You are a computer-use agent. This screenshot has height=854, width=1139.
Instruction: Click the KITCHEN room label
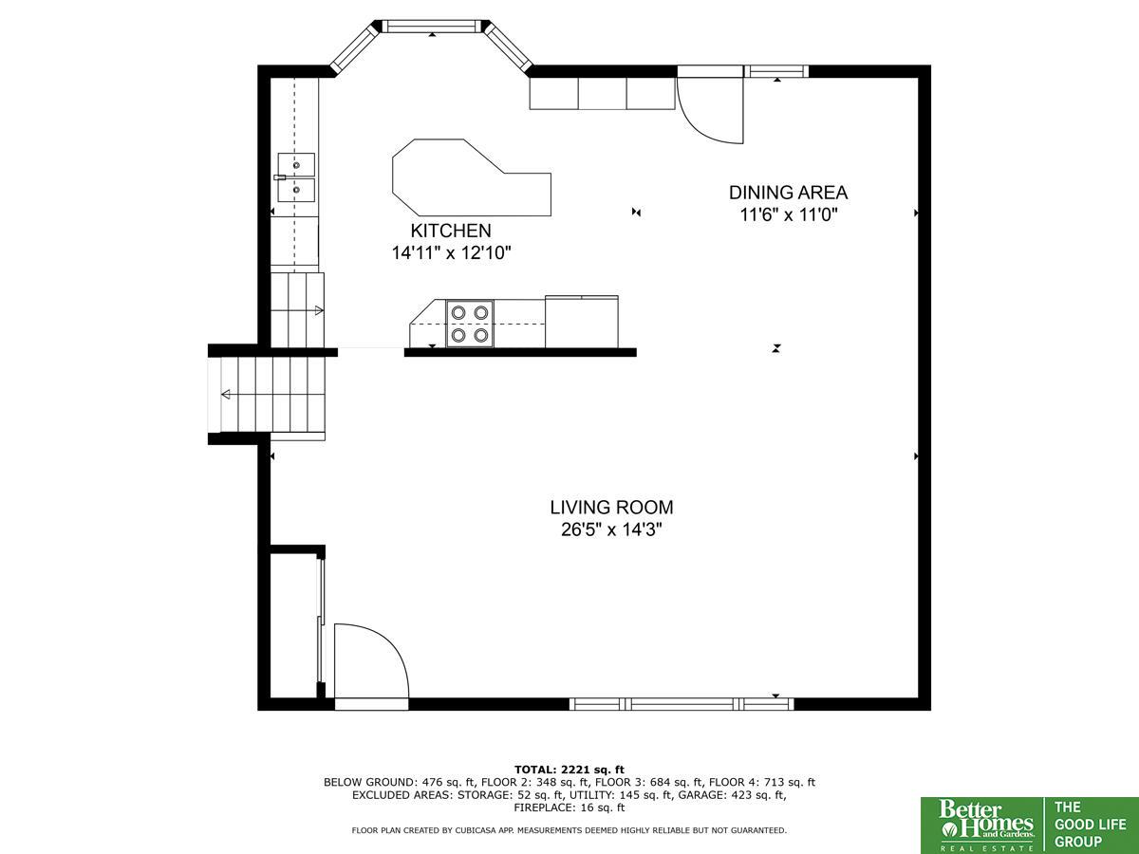(x=451, y=231)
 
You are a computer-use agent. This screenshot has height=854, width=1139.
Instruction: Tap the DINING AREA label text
(x=788, y=193)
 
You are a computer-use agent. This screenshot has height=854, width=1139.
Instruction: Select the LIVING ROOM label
(x=612, y=507)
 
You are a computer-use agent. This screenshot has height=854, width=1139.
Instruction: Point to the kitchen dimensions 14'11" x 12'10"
(x=451, y=253)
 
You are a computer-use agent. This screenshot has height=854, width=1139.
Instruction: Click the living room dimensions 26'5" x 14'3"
(x=612, y=529)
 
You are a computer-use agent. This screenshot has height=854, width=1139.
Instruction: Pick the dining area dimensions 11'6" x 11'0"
(x=789, y=214)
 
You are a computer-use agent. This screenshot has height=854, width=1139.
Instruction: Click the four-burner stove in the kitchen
(x=470, y=325)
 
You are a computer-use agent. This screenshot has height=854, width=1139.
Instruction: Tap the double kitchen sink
(x=295, y=177)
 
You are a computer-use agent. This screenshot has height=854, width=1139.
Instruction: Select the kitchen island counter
(x=471, y=177)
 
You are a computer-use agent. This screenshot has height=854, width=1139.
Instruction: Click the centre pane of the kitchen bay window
(x=432, y=26)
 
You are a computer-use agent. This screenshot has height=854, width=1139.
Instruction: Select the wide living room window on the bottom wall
(x=682, y=704)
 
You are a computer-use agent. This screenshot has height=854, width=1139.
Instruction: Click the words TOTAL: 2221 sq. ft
(x=569, y=770)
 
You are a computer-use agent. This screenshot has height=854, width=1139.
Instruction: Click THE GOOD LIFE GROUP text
(x=1090, y=826)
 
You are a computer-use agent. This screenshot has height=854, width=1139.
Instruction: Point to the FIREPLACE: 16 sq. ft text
(x=569, y=808)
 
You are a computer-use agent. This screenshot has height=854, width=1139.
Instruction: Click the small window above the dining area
(x=776, y=71)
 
